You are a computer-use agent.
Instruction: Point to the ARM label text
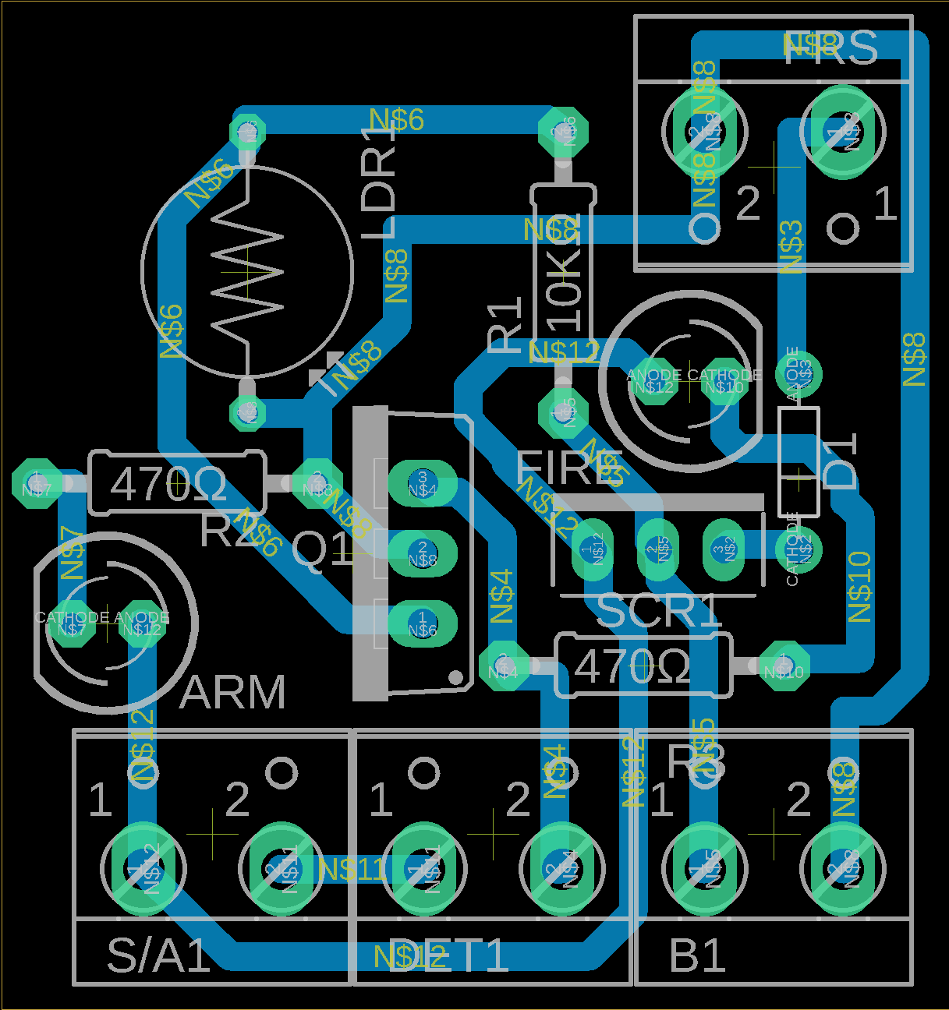(x=232, y=692)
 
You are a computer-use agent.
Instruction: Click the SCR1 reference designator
(x=659, y=612)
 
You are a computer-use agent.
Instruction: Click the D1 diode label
(x=841, y=461)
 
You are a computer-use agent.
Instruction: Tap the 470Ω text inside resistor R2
(x=168, y=485)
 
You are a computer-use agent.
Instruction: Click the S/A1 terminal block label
(x=159, y=955)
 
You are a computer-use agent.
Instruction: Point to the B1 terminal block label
(x=698, y=955)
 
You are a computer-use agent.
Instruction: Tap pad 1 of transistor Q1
(x=422, y=623)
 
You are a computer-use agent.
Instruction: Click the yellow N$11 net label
(x=352, y=869)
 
